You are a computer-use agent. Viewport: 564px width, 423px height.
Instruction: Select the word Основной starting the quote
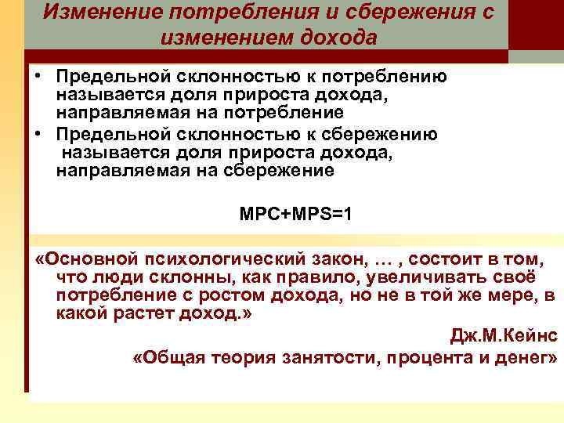click(x=91, y=259)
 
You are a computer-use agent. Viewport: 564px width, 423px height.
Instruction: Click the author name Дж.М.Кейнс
click(x=504, y=335)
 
